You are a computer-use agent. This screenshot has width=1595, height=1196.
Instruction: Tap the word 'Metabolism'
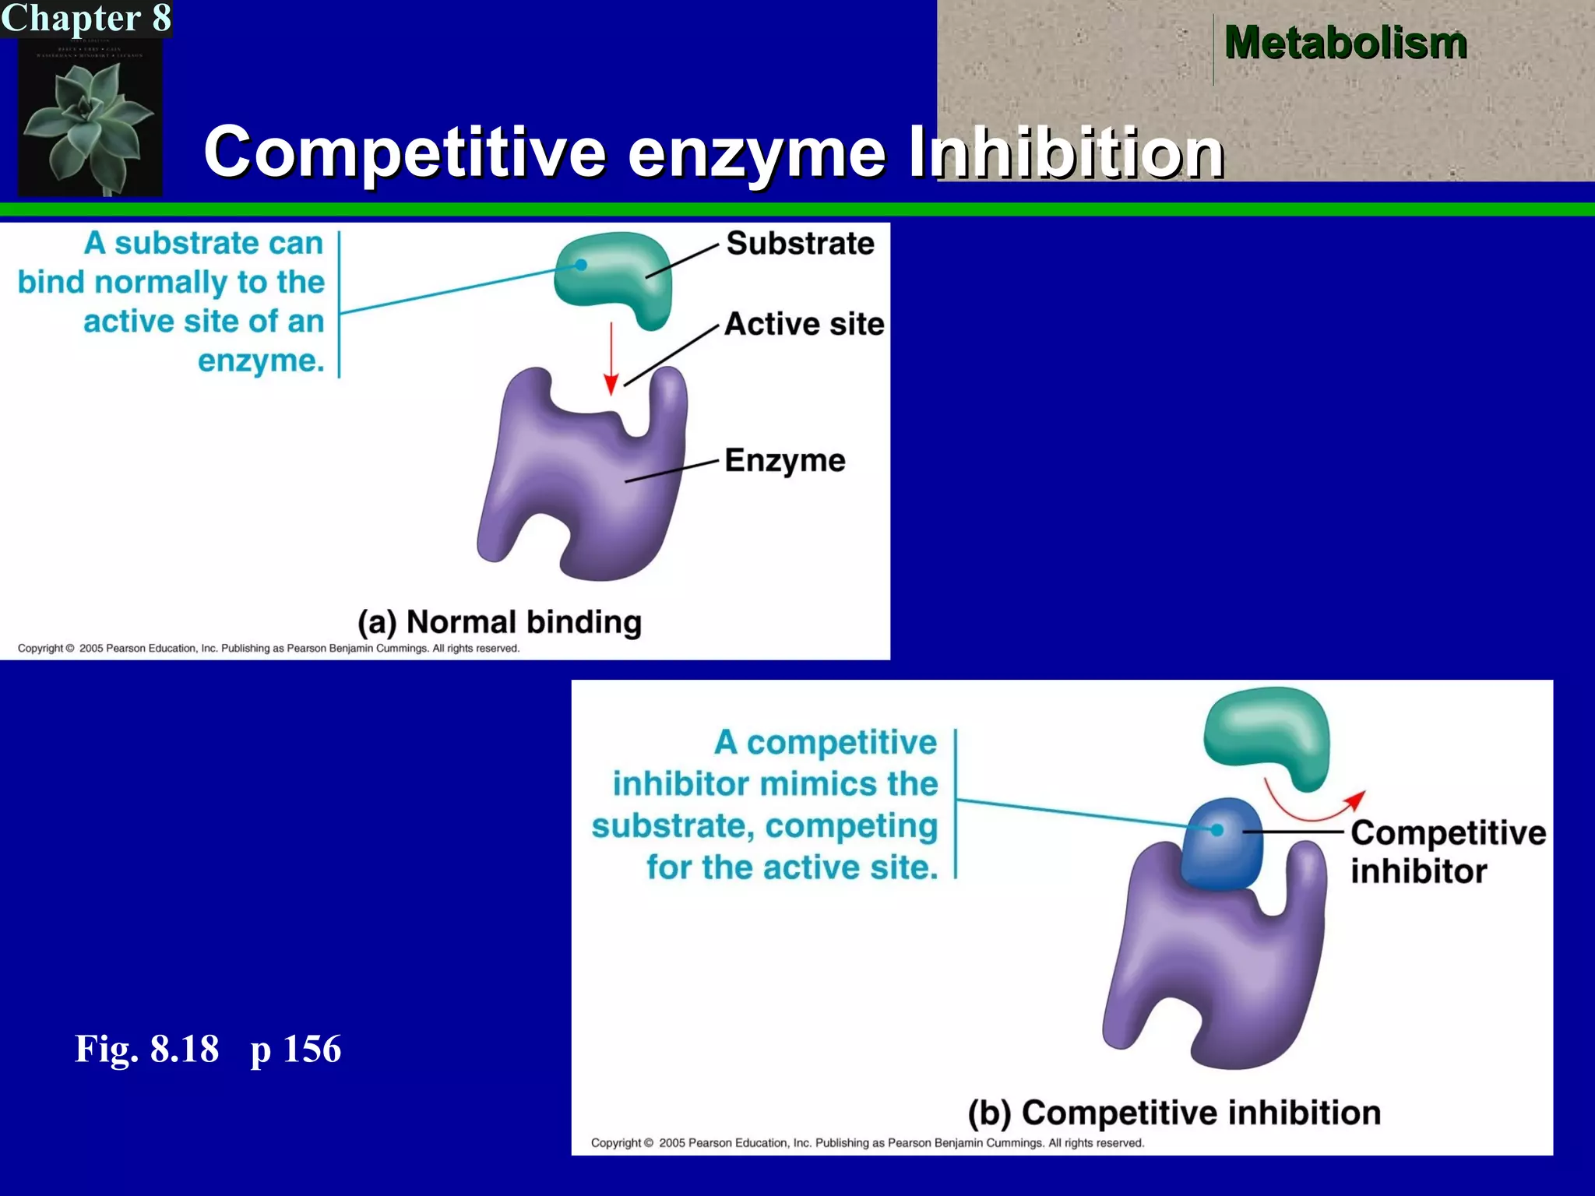pyautogui.click(x=1345, y=43)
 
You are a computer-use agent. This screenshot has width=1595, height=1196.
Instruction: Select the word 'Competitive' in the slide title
pyautogui.click(x=404, y=152)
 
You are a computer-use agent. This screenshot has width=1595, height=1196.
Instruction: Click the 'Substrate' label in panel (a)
pyautogui.click(x=800, y=244)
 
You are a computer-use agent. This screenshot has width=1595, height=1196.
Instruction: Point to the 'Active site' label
pyautogui.click(x=804, y=324)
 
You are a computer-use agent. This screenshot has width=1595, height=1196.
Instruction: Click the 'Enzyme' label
pyautogui.click(x=784, y=460)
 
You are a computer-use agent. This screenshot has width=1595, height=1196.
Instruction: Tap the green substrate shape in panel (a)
pyautogui.click(x=615, y=273)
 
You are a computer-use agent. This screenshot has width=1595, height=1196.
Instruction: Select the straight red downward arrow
pyautogui.click(x=611, y=358)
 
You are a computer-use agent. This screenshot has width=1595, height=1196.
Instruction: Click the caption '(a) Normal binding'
pyautogui.click(x=499, y=622)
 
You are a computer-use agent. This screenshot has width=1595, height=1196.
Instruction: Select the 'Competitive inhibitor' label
pyautogui.click(x=1446, y=852)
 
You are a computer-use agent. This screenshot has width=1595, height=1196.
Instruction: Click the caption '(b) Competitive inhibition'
pyautogui.click(x=1174, y=1113)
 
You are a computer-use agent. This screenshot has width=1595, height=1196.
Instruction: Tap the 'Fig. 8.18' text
pyautogui.click(x=146, y=1049)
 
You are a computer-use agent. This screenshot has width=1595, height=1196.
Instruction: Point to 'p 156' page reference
pyautogui.click(x=295, y=1050)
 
